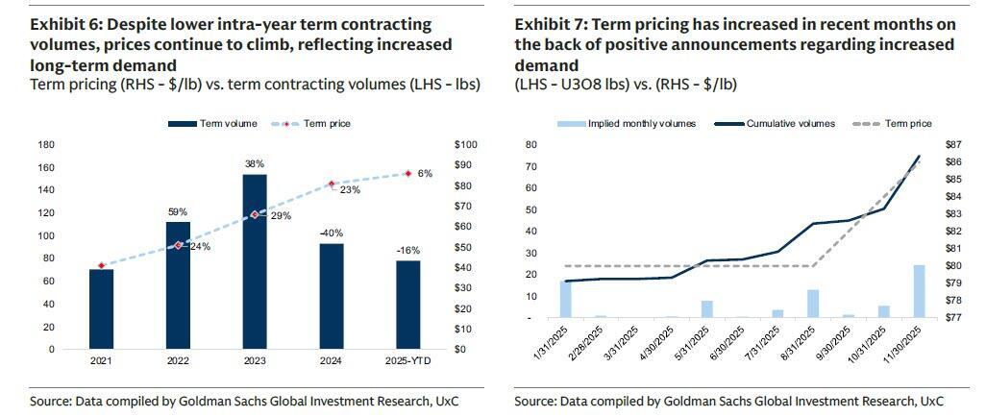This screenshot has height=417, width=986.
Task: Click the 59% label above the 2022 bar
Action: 178,211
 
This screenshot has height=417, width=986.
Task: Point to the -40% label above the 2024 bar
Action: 331,233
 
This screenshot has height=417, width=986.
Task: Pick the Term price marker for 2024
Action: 332,184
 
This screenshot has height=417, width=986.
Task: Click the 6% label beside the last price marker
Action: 426,173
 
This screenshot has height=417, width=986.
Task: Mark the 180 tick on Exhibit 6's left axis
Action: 45,144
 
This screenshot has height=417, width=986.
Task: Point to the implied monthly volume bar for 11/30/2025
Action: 919,291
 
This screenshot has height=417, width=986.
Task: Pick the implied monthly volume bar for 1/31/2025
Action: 566,299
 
